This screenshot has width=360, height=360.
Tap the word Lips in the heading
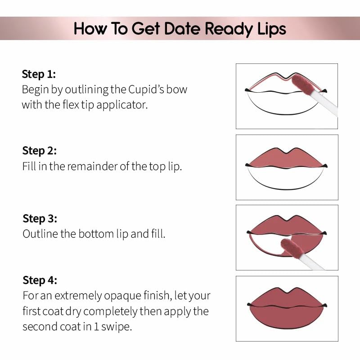tap(269, 29)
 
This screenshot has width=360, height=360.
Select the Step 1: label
tap(39, 74)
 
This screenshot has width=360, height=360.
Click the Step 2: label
tap(40, 151)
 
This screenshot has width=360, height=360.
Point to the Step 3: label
tap(40, 219)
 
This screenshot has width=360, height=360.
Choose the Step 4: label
tap(40, 280)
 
